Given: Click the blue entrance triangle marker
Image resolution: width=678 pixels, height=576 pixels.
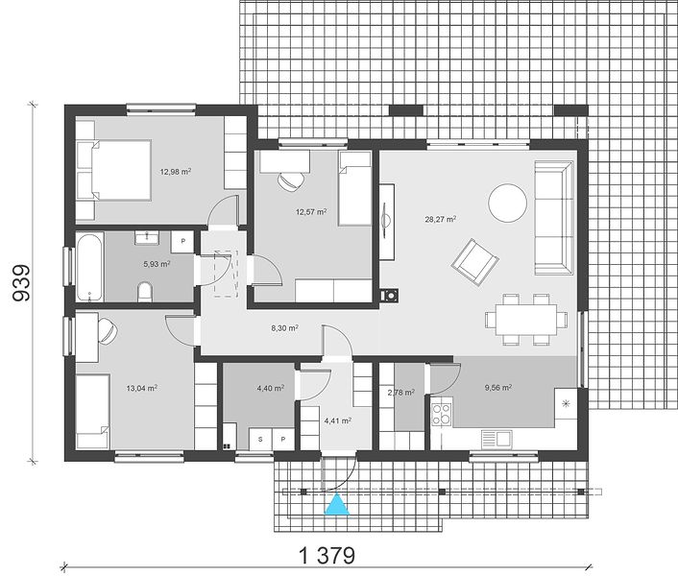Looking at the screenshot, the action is tap(337, 505).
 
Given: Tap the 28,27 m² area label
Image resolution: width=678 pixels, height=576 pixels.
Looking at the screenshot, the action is tap(441, 219).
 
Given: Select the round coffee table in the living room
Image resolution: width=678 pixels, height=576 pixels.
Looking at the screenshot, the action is tap(508, 204).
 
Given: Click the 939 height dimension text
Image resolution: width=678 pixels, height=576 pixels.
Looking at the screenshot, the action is tap(22, 283).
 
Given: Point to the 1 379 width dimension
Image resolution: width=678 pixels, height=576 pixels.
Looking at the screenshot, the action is tap(327, 555).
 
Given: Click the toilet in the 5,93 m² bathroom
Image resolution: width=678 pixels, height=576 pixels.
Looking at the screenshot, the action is tap(145, 292).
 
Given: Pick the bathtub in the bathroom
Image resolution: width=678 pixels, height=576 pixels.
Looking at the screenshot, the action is tap(90, 267).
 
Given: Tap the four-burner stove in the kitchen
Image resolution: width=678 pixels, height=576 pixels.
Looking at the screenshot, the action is tap(442, 414).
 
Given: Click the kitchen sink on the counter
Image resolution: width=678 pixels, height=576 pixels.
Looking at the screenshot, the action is tap(496, 439).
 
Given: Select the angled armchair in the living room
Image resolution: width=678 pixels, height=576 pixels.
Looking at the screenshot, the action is tap(474, 262).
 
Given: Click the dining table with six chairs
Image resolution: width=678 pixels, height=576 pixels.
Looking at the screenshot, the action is tap(526, 320).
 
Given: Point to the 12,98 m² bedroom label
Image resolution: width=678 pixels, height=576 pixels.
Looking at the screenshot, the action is tap(176, 172).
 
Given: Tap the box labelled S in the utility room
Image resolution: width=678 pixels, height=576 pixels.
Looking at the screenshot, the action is tap(260, 439).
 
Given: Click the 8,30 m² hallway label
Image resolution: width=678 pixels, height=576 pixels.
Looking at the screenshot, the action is tap(284, 328).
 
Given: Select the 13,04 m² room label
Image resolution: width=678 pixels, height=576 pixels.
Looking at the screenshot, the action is tap(141, 388).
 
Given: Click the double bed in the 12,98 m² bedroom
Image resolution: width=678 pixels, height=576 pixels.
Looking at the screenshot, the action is tap(113, 170).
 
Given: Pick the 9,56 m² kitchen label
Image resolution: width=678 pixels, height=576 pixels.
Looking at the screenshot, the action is tap(498, 388).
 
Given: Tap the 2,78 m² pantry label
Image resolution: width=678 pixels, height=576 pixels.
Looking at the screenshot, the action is tap(401, 393).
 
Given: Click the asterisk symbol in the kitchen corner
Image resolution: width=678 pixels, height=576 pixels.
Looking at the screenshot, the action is tap(566, 404).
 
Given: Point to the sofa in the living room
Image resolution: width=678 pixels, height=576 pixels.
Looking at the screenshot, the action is tap(554, 218).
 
